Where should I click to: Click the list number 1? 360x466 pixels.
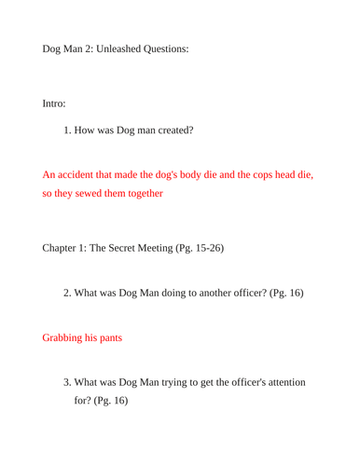pos(67,130)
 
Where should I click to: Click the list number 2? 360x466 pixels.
pos(67,293)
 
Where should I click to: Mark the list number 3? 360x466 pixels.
pos(67,382)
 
